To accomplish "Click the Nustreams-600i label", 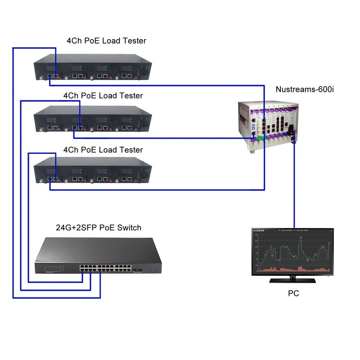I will pyautogui.click(x=305, y=90).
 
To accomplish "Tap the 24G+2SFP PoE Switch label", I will pyautogui.click(x=98, y=228).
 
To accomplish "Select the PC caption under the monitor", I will pyautogui.click(x=293, y=293).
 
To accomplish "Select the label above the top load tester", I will pyautogui.click(x=106, y=41).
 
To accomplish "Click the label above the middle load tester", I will pyautogui.click(x=103, y=95).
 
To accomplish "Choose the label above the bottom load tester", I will pyautogui.click(x=103, y=149).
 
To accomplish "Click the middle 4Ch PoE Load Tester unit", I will pyautogui.click(x=92, y=120).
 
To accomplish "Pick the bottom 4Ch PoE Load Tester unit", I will pyautogui.click(x=92, y=173).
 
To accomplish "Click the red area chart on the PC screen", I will pyautogui.click(x=293, y=269).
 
